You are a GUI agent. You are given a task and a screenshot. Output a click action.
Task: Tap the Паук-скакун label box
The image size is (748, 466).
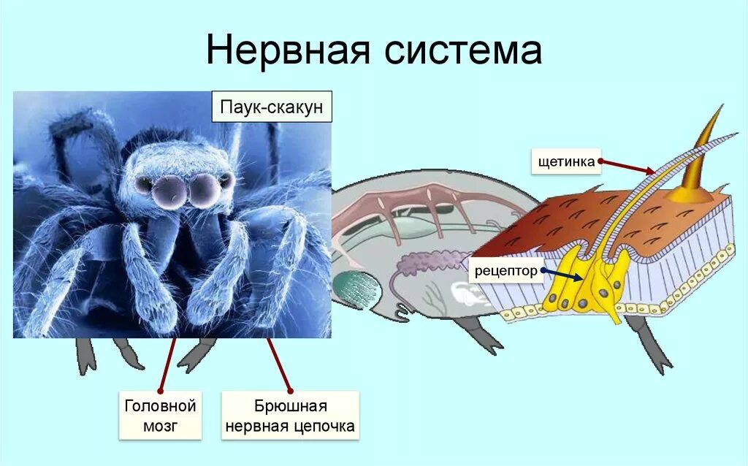(x=272, y=108)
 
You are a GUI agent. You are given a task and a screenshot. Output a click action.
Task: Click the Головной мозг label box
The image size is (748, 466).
(x=160, y=416)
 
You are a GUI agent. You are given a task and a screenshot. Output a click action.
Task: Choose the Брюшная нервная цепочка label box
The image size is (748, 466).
(x=290, y=416)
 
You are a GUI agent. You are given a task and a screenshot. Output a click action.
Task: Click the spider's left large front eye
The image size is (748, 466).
(x=169, y=188)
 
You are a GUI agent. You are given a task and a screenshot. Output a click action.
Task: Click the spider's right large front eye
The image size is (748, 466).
(x=205, y=188)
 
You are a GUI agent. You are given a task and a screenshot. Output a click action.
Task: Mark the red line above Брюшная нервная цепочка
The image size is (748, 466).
(x=280, y=364)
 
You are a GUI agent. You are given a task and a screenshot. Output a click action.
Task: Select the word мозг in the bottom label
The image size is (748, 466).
(x=160, y=427)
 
